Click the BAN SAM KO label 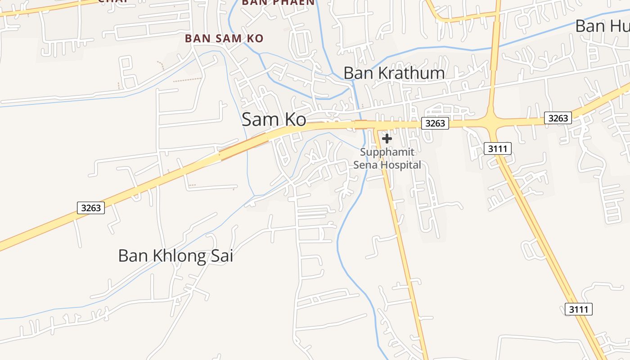pyautogui.click(x=224, y=39)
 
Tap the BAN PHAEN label pyautogui.click(x=278, y=2)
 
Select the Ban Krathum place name pyautogui.click(x=394, y=73)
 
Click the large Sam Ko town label pyautogui.click(x=274, y=120)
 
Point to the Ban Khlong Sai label pyautogui.click(x=175, y=256)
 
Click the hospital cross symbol pyautogui.click(x=387, y=139)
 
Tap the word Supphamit pyautogui.click(x=387, y=152)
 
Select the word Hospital pyautogui.click(x=401, y=165)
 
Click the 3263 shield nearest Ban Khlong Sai pyautogui.click(x=91, y=208)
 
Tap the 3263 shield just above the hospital pyautogui.click(x=435, y=123)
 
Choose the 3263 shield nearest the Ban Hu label pyautogui.click(x=558, y=118)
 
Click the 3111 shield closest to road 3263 pyautogui.click(x=498, y=148)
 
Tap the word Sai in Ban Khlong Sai pyautogui.click(x=222, y=256)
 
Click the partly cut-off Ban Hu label pyautogui.click(x=602, y=26)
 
